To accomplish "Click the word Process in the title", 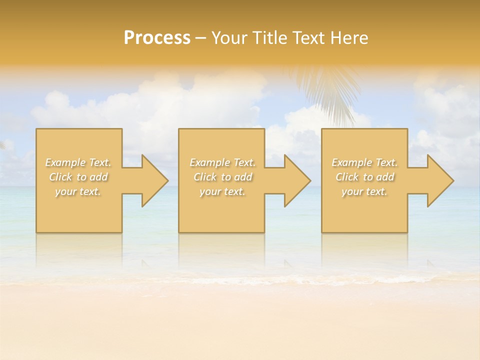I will [157, 38].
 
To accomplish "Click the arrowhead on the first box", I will [152, 180].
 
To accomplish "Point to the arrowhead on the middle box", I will [295, 180].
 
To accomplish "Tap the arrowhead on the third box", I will [438, 180].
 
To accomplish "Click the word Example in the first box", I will [65, 162].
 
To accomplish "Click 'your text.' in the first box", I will [78, 191].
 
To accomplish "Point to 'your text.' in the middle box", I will [222, 191].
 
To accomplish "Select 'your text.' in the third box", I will [364, 191].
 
